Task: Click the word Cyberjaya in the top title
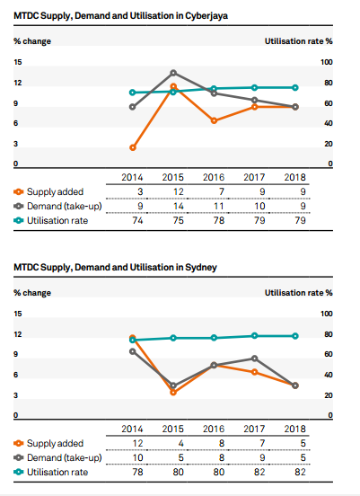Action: point(206,16)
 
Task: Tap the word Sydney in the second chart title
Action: point(201,267)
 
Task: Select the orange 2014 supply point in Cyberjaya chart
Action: point(133,147)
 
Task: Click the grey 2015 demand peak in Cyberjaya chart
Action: point(173,73)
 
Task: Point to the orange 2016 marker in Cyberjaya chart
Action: point(214,120)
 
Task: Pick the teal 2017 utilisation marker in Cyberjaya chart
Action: point(254,88)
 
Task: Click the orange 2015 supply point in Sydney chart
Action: point(173,393)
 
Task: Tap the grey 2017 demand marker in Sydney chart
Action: point(254,359)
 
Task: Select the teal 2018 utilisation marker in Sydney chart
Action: point(295,336)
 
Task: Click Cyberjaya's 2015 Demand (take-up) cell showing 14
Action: point(179,207)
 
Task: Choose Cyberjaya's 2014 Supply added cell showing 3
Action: point(140,191)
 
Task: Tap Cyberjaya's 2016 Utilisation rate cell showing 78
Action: point(219,220)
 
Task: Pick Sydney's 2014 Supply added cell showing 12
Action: point(137,443)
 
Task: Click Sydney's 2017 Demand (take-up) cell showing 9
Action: point(262,457)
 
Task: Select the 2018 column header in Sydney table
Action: point(294,429)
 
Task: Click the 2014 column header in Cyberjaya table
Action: point(132,177)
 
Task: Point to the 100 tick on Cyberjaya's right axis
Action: point(327,62)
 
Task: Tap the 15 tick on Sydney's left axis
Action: point(18,314)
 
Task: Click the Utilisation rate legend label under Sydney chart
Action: point(57,472)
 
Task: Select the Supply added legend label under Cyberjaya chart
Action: point(55,191)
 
